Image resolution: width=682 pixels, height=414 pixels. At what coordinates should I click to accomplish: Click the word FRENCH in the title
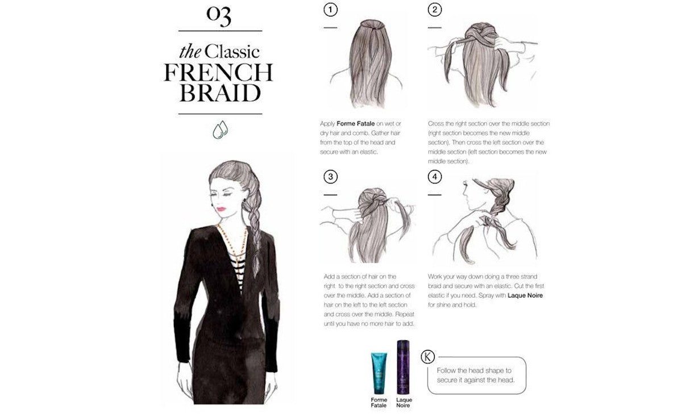[219, 73]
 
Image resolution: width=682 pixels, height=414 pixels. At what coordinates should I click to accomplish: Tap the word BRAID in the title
[220, 93]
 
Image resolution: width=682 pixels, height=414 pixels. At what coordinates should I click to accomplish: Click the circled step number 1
[330, 10]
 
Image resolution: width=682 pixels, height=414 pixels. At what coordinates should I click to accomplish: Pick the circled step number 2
[435, 10]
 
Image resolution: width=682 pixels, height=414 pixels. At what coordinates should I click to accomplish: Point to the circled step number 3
[330, 177]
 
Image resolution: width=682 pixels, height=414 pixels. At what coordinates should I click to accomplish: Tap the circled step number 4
[435, 177]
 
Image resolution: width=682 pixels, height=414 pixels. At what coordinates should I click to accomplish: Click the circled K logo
[427, 357]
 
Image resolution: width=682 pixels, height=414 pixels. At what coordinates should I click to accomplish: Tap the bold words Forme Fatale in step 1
[355, 123]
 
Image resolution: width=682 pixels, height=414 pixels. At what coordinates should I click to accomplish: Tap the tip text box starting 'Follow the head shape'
[476, 375]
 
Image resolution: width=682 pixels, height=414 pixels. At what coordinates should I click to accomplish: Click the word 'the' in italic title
[190, 52]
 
